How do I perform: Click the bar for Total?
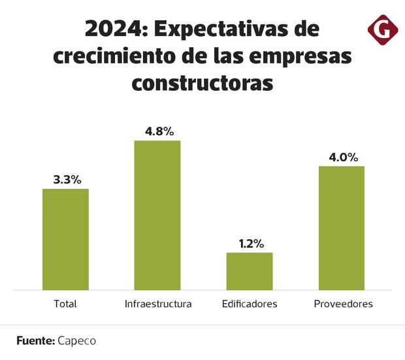65,239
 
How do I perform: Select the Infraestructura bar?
157,215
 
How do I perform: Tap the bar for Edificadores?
250,271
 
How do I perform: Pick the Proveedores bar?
342,227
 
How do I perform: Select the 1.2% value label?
250,244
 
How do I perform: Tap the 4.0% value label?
342,157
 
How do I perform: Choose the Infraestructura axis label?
157,304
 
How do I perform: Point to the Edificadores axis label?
250,304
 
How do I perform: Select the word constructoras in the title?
202,83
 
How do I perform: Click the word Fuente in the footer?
35,340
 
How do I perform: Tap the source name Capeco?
77,340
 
